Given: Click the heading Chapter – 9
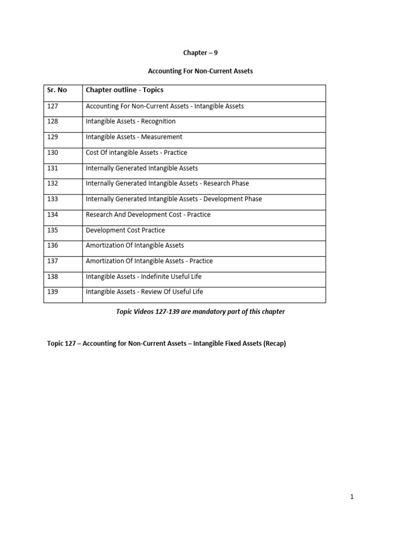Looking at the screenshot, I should pos(200,53).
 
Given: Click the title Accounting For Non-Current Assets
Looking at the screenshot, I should pos(200,71).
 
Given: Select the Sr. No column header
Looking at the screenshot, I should pos(57,90).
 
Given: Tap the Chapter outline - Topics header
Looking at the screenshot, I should pos(124,90).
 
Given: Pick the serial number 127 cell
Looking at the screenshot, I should pos(53,106).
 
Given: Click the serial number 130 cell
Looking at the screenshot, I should pos(53,152).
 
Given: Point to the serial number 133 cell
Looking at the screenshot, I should pos(53,199).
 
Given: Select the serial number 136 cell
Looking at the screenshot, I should pos(53,245).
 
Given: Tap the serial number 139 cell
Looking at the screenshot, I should pos(53,292).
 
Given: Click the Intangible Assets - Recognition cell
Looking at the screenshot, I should pos(131,122).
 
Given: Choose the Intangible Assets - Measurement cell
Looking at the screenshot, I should pos(134,137).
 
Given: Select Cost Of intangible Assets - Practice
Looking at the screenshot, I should pos(136,152).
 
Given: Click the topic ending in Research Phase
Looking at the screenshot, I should pos(167,184).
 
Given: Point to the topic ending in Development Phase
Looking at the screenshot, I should pos(174,199).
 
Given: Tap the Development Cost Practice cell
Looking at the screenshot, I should pos(125,230).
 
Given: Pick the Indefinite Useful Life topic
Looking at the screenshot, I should pos(144,276).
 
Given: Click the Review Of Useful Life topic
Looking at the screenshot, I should pos(145,292).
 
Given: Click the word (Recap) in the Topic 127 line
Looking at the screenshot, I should pos(275,344).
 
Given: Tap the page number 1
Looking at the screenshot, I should pos(352,497).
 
